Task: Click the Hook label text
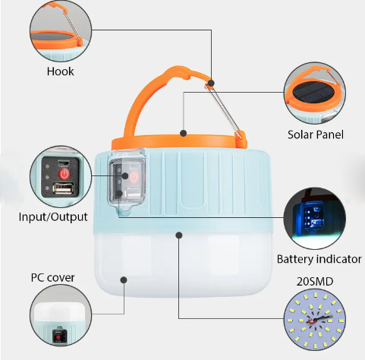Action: [x=60, y=71]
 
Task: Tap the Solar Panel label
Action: [x=316, y=134]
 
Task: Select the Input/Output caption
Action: [x=53, y=217]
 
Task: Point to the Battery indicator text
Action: [x=319, y=259]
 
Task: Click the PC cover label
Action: [x=52, y=277]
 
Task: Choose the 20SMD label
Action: [x=315, y=282]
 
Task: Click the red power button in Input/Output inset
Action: [x=64, y=174]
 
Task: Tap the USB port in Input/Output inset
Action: [x=63, y=188]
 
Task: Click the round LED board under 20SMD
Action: [x=315, y=320]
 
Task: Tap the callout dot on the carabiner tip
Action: [x=212, y=83]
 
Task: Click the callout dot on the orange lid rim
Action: [x=184, y=133]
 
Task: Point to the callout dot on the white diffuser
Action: [x=124, y=279]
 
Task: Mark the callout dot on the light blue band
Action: [x=179, y=235]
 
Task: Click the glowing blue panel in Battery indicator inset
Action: [x=313, y=214]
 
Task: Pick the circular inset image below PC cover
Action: [x=61, y=315]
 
